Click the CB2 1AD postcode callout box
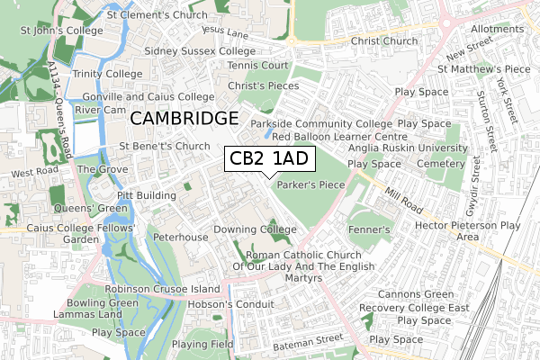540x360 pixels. (269, 159)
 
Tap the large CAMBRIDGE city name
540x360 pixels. (184, 119)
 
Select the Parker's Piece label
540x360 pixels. (311, 184)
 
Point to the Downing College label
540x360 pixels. (255, 229)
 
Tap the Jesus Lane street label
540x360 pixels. (225, 31)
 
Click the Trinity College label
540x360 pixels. (109, 73)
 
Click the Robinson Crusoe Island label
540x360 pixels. (162, 289)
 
